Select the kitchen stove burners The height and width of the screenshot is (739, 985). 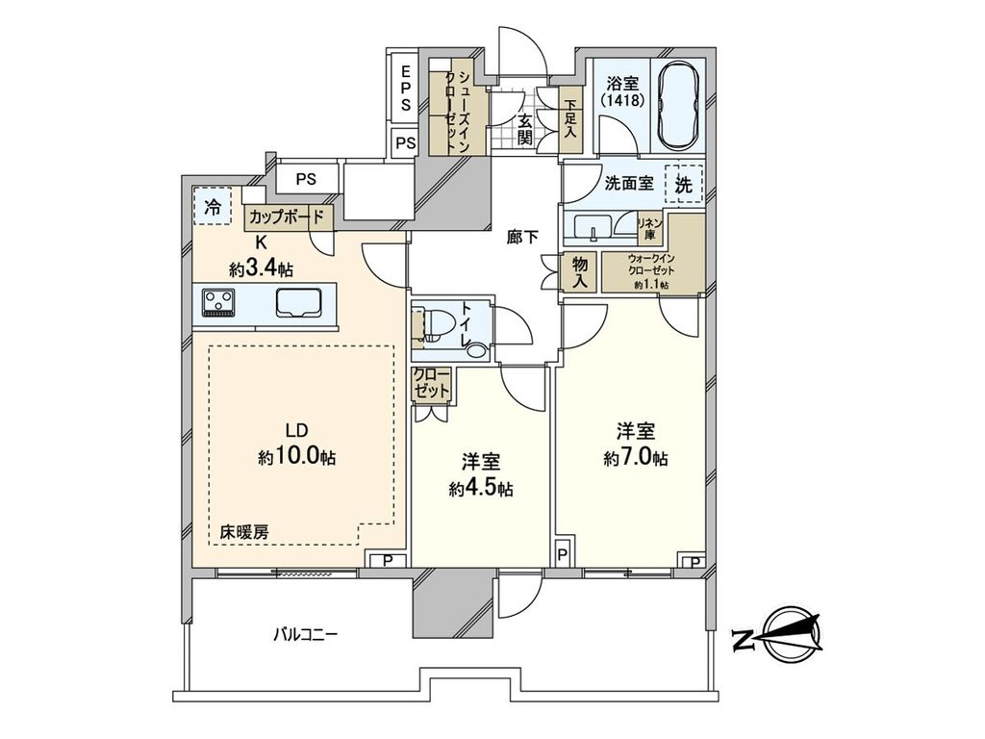(218, 304)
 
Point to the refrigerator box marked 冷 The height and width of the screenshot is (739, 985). (212, 204)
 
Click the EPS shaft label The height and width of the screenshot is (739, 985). (406, 87)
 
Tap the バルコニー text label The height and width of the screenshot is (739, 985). (305, 634)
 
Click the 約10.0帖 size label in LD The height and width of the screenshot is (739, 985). (296, 458)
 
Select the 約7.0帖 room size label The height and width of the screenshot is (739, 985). (636, 458)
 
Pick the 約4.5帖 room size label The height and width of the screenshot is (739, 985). (480, 488)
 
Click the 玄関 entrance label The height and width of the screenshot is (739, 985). (525, 129)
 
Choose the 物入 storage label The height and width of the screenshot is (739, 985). (580, 271)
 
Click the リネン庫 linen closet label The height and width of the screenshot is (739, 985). (650, 228)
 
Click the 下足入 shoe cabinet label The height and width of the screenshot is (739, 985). (571, 119)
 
